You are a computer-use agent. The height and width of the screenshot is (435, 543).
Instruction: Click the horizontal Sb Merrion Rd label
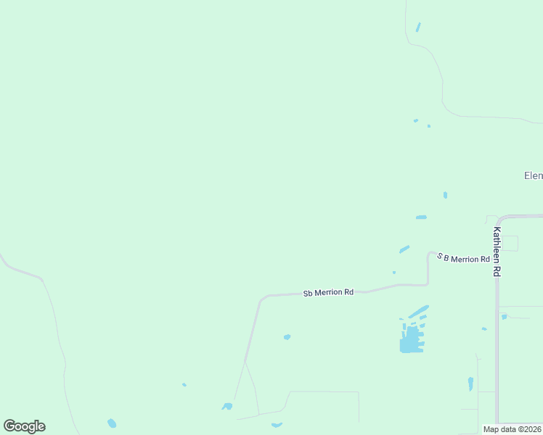coord(328,293)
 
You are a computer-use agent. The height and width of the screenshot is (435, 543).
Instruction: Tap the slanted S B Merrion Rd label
coord(463,258)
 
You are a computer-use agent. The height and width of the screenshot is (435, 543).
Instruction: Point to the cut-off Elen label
coord(533,175)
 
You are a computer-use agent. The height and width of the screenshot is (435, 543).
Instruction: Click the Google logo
coord(24,426)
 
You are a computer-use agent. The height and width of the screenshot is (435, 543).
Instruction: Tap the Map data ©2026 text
coord(512,429)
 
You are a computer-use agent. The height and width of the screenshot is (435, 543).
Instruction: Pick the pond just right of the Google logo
coord(112,423)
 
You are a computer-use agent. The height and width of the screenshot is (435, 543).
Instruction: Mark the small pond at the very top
coord(417,28)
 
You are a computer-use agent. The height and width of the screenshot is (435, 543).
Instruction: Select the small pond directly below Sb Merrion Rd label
coord(287,336)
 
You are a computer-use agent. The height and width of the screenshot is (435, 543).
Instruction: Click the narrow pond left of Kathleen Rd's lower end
coord(470,384)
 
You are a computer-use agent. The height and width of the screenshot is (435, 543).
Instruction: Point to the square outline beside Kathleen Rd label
coord(510,243)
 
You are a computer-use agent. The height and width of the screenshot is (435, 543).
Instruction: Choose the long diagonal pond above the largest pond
coord(419,311)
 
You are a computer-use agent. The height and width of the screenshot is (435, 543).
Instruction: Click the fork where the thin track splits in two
coord(245,361)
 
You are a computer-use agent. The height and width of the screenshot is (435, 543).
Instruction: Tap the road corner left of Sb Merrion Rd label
coord(261,297)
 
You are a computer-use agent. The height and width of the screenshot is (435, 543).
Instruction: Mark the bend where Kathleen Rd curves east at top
coord(499,217)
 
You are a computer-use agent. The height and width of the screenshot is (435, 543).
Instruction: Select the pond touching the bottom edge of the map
coord(277,425)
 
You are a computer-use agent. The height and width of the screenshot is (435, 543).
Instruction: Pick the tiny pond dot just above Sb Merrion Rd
coord(393,273)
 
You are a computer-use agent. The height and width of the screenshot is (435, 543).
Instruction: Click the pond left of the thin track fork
coord(227,406)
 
